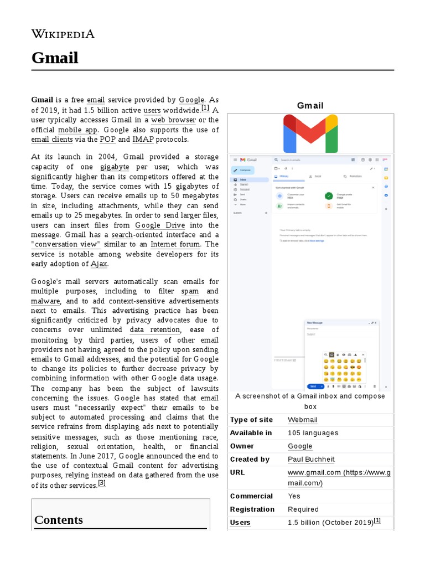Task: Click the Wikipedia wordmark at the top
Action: [63, 34]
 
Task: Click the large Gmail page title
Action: [54, 58]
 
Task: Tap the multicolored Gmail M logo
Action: [310, 133]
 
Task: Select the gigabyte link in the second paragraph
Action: [115, 167]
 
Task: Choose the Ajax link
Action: [99, 264]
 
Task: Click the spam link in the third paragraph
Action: [190, 291]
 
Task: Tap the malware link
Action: [45, 301]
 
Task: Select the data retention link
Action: [154, 330]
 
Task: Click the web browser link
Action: [173, 120]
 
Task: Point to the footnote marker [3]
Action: [101, 483]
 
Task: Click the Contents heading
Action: [59, 520]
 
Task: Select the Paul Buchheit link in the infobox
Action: [311, 460]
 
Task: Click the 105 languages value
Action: [313, 433]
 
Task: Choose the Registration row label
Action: [252, 509]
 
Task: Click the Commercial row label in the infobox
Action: [251, 496]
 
